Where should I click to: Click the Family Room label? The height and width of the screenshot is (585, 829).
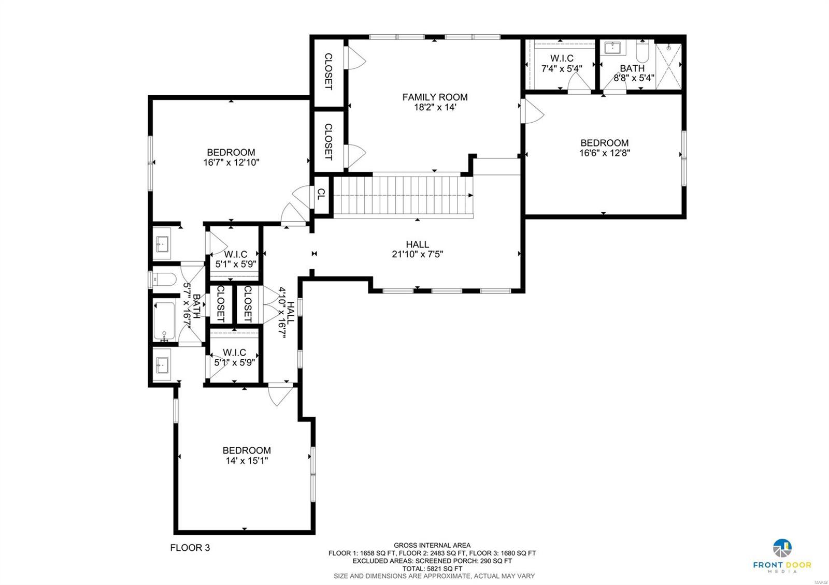(435, 97)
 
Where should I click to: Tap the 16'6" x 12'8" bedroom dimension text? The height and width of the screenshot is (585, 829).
(604, 153)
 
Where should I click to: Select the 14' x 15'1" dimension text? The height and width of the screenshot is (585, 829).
(247, 460)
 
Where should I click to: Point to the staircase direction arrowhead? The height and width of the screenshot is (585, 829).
(470, 195)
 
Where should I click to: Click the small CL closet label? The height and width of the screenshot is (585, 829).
(321, 194)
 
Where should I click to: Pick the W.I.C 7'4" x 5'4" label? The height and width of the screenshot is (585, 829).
(562, 63)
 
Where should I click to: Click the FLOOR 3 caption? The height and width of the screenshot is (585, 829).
(190, 548)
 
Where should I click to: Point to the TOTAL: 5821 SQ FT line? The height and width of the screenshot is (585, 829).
(432, 568)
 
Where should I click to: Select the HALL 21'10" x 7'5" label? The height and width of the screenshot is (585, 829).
(417, 249)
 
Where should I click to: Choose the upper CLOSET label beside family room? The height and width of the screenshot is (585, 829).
(328, 71)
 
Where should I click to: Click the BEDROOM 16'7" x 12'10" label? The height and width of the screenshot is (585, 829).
(231, 157)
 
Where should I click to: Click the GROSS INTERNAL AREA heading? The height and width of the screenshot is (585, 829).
(432, 545)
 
